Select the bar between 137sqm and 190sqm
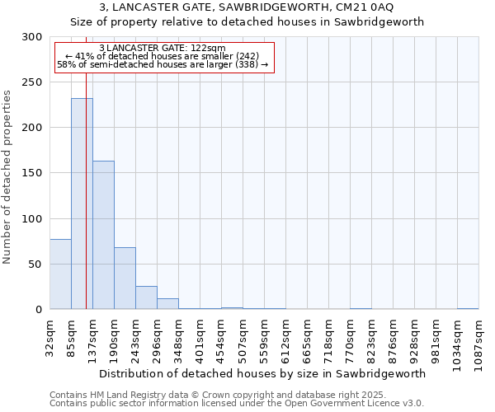click(103, 235)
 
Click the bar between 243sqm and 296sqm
click(146, 297)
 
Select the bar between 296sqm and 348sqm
click(167, 303)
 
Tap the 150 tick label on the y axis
click(32, 173)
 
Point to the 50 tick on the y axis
click(35, 265)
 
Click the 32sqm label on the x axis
click(50, 336)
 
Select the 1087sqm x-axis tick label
click(478, 339)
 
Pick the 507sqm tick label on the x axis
click(243, 338)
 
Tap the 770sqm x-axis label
click(350, 338)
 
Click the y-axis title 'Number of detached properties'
click(7, 177)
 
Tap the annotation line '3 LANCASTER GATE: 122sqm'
click(162, 49)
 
